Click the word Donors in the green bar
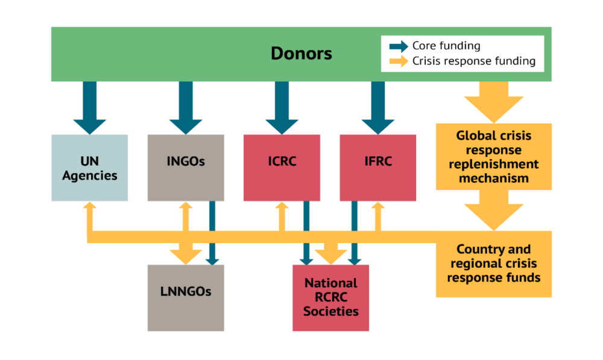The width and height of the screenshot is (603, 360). (301, 54)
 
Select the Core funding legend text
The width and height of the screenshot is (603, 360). (446, 46)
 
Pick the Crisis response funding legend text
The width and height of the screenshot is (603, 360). (473, 61)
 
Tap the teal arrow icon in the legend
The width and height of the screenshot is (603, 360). (399, 46)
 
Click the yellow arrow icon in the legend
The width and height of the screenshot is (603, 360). (399, 61)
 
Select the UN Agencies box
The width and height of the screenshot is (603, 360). (89, 168)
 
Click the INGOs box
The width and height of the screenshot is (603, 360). (186, 168)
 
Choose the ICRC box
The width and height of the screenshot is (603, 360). (282, 168)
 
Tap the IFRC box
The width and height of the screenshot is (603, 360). (378, 168)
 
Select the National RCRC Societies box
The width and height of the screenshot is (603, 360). (330, 298)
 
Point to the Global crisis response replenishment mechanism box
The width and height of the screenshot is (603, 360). (493, 157)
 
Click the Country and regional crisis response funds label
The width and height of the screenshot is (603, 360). (493, 264)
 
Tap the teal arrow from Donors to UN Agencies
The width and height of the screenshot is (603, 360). (89, 109)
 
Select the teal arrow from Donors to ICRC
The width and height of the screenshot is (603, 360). (282, 109)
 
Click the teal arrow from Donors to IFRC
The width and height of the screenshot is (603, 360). (378, 109)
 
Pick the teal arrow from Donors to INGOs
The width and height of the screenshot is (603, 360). (186, 109)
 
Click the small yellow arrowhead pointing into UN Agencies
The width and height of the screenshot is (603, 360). (89, 207)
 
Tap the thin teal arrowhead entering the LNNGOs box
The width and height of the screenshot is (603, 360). (212, 261)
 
